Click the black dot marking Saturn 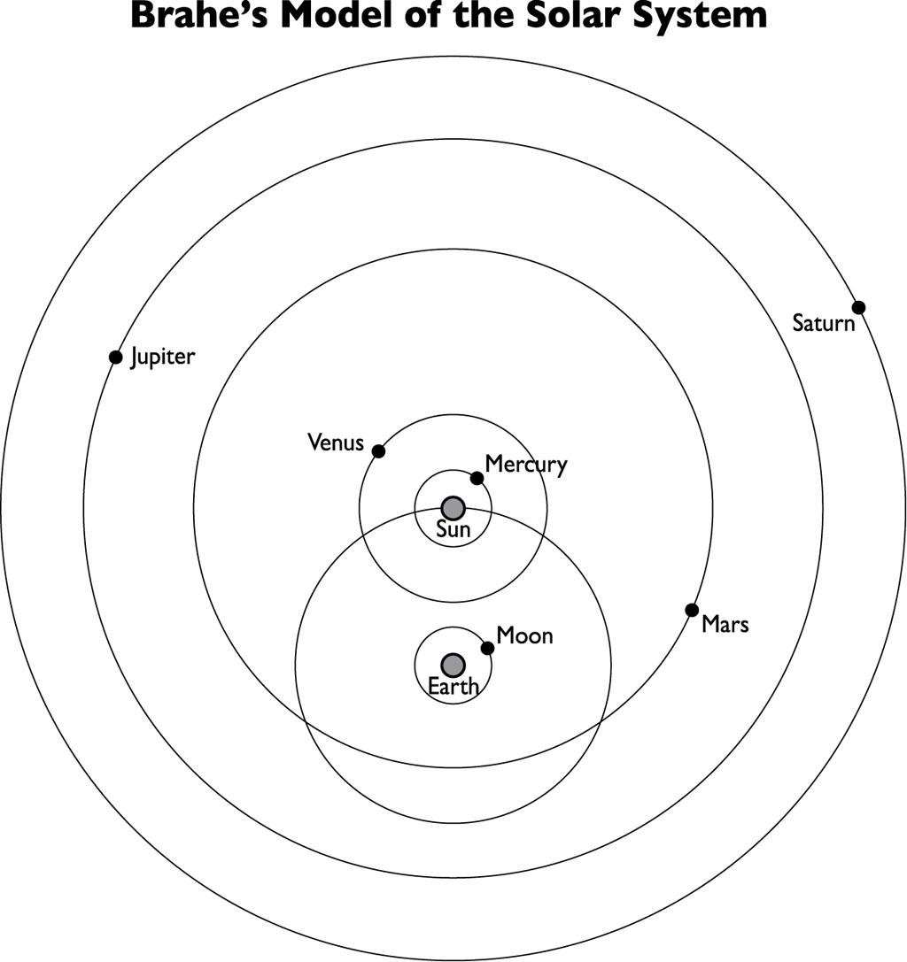pyautogui.click(x=857, y=307)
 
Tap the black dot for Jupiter pyautogui.click(x=115, y=357)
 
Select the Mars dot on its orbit pyautogui.click(x=691, y=610)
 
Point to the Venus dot pyautogui.click(x=378, y=451)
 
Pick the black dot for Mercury pyautogui.click(x=477, y=479)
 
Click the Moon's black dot pyautogui.click(x=487, y=648)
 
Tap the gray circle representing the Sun pyautogui.click(x=453, y=507)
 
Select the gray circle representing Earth pyautogui.click(x=453, y=665)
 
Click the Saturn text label pyautogui.click(x=824, y=323)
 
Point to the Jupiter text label pyautogui.click(x=163, y=358)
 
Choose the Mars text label pyautogui.click(x=725, y=625)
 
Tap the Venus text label pyautogui.click(x=336, y=442)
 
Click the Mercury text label pyautogui.click(x=526, y=465)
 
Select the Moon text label pyautogui.click(x=524, y=635)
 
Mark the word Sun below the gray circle pyautogui.click(x=453, y=531)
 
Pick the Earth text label pyautogui.click(x=453, y=687)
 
